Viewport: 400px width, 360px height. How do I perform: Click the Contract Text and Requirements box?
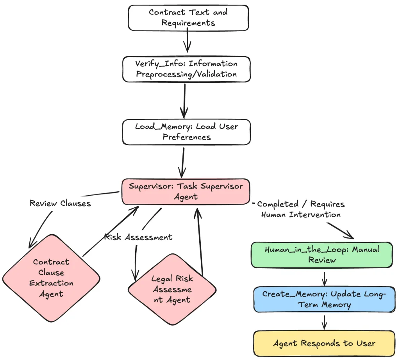tap(188, 18)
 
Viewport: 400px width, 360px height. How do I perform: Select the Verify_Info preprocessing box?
tap(186, 69)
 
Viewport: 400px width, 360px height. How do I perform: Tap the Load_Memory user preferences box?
tap(186, 132)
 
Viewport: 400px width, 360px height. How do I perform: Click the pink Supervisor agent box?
tap(186, 191)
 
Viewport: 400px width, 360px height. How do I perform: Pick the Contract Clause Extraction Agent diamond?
tap(51, 278)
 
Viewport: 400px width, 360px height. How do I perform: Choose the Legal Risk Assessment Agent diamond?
tap(172, 289)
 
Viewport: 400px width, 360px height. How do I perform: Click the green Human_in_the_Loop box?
tap(321, 255)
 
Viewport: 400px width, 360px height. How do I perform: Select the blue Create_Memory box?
tap(324, 299)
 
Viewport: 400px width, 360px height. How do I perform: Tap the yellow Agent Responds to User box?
tap(324, 344)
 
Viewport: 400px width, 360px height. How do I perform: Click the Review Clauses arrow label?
tap(60, 203)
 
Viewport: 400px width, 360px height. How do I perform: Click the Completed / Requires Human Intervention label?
tap(301, 209)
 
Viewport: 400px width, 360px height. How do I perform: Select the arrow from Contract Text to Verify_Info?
tap(187, 41)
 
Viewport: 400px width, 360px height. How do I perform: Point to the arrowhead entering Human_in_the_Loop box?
tap(350, 237)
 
